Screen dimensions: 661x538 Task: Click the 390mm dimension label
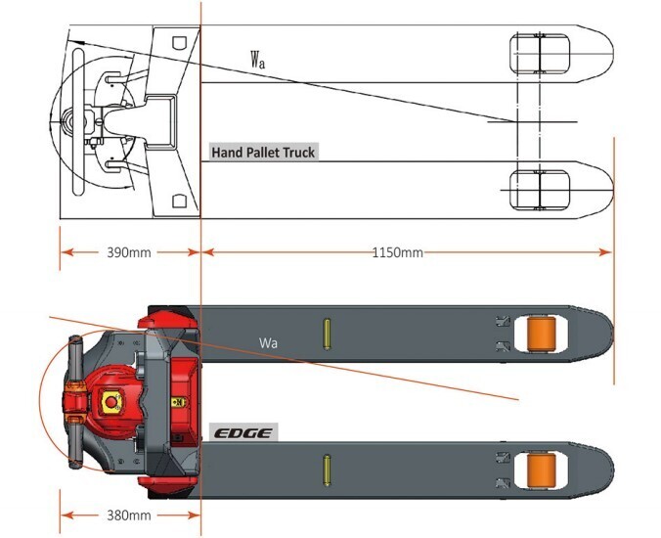coord(128,252)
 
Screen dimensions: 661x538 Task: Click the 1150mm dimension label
coord(398,252)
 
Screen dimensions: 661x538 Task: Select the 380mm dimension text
coord(128,516)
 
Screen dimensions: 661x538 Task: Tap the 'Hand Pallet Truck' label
coord(263,153)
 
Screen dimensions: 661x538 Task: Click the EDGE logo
coord(243,433)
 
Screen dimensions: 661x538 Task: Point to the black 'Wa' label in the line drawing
coord(258,60)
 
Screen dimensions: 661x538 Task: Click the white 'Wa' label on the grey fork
coord(268,342)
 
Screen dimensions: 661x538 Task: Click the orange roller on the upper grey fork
coord(542,334)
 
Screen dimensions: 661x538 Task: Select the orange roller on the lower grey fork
coord(542,470)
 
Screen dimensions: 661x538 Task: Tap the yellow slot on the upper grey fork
coord(327,334)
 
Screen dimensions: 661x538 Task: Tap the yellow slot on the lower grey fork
coord(327,471)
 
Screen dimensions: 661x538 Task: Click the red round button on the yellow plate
coord(110,402)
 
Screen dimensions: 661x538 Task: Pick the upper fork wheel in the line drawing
coord(540,54)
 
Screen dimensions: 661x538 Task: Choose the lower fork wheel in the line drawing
coord(540,190)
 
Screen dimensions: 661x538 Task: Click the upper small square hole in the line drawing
coord(180,43)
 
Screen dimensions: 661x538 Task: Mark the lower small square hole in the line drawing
coord(180,202)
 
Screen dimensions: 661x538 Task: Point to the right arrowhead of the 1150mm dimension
coord(605,252)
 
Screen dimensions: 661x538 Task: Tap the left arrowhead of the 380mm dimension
coord(67,516)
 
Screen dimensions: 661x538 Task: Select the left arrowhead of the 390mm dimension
coord(67,252)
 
